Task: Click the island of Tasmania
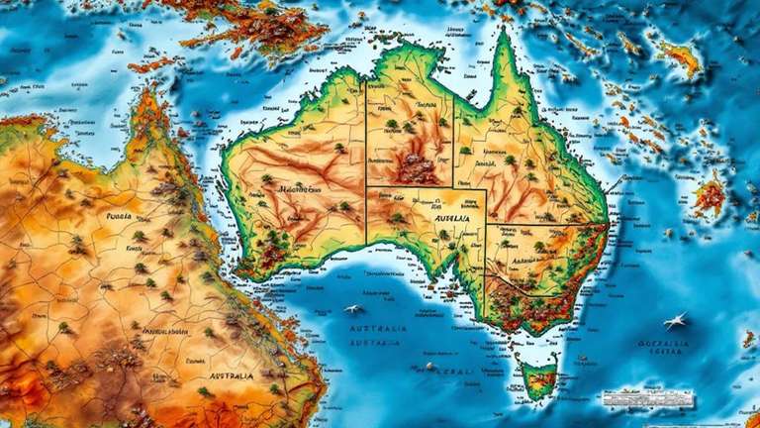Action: (x=538, y=380)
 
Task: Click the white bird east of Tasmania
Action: (x=676, y=320)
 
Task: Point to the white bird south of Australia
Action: (x=353, y=310)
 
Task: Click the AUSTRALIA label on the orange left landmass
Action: (x=231, y=376)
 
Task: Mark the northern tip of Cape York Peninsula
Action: (x=505, y=34)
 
